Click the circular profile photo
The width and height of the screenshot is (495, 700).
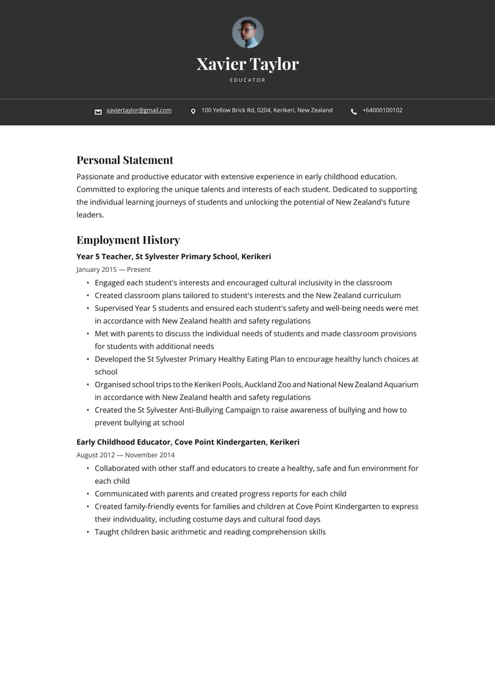[247, 32]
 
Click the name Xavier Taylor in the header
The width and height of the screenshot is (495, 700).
[247, 64]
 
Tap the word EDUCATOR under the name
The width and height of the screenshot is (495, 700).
[247, 80]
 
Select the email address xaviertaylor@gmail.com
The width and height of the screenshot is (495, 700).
[139, 110]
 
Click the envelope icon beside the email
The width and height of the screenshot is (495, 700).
[98, 112]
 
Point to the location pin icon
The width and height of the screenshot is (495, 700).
[193, 112]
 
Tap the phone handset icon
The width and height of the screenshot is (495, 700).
[354, 112]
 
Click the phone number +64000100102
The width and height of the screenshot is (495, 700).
[382, 110]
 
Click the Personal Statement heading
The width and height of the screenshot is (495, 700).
[125, 160]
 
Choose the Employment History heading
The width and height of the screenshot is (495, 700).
[128, 240]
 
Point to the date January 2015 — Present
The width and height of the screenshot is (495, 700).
[113, 270]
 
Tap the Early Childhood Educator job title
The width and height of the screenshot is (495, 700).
[123, 442]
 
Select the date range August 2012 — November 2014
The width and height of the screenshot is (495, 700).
[126, 455]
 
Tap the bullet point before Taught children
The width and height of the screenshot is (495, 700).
[87, 532]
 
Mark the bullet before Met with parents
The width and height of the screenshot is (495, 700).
[87, 334]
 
